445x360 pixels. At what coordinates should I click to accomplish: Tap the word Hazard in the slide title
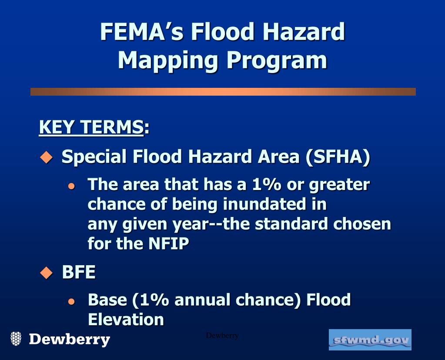[x=306, y=32]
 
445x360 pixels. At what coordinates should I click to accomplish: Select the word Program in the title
[x=276, y=60]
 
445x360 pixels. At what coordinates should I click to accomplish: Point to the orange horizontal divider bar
[x=223, y=92]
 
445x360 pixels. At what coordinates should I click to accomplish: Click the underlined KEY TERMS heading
[x=91, y=128]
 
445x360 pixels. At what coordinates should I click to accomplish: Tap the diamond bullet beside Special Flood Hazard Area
[x=46, y=157]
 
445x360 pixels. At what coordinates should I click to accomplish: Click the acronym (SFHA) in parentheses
[x=338, y=157]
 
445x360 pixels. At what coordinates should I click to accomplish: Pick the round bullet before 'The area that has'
[x=72, y=186]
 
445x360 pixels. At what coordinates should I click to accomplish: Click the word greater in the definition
[x=339, y=185]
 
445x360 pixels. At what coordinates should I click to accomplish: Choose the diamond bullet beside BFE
[x=46, y=273]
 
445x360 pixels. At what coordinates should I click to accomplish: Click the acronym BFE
[x=79, y=272]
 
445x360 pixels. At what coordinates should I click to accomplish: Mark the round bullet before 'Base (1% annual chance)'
[x=72, y=301]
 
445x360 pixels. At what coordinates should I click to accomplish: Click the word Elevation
[x=126, y=320]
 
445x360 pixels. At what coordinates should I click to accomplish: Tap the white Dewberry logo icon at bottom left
[x=16, y=339]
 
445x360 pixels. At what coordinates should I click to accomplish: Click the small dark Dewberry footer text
[x=222, y=336]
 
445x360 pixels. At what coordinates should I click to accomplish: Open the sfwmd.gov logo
[x=370, y=340]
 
